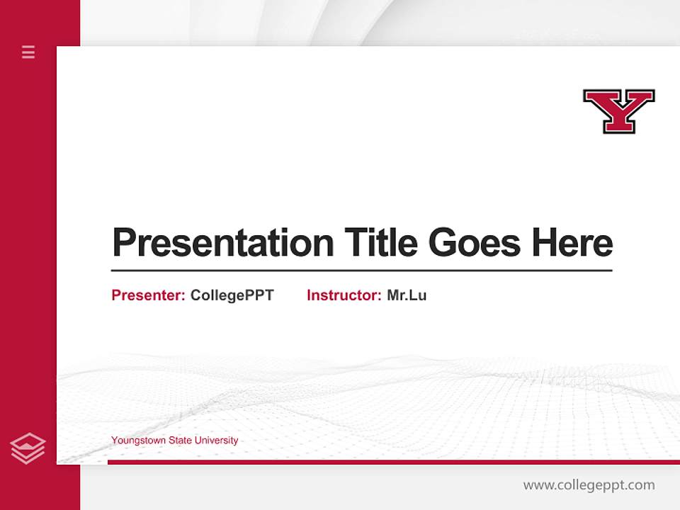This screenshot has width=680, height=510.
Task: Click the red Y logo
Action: tap(618, 110)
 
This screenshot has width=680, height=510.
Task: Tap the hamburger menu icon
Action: tap(28, 52)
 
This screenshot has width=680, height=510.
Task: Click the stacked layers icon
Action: tap(28, 448)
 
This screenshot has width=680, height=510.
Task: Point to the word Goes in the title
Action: tap(475, 242)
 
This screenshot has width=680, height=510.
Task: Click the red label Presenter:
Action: tap(148, 295)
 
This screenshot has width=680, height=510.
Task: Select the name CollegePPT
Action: tap(232, 295)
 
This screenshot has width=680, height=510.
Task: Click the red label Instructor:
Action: tap(344, 295)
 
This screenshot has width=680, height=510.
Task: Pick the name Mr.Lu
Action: tap(407, 295)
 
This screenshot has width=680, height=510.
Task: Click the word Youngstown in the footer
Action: tap(137, 441)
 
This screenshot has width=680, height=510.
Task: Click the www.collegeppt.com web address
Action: tap(589, 485)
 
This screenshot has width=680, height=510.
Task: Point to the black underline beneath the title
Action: tap(361, 271)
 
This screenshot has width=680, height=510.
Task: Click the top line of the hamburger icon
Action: tap(28, 47)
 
